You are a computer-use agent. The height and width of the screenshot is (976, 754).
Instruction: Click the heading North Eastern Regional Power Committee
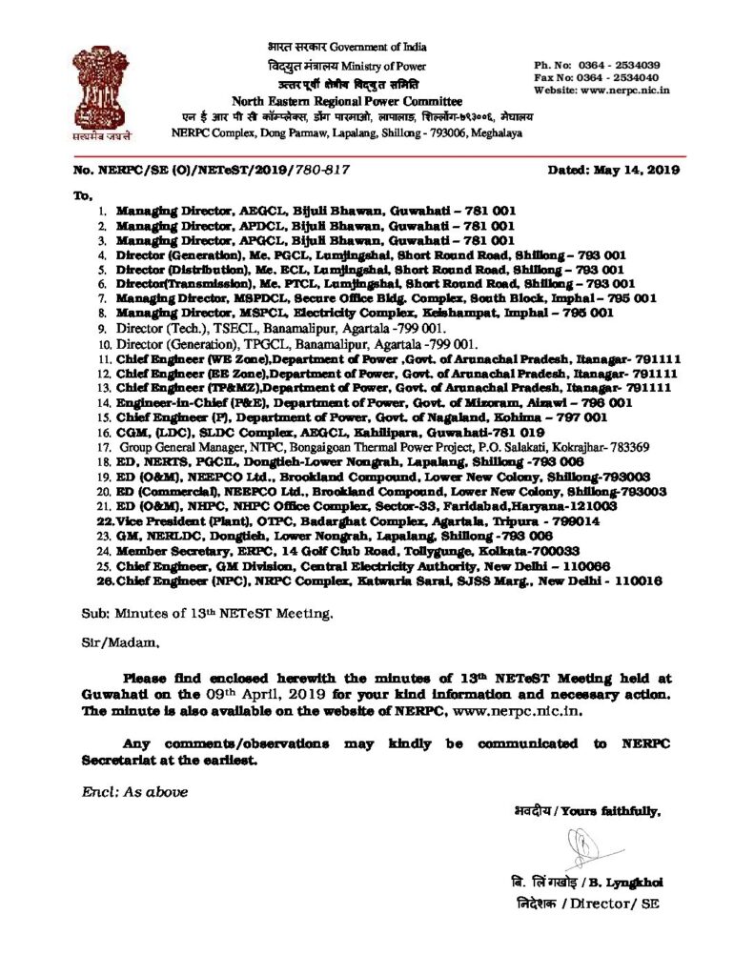[347, 101]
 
